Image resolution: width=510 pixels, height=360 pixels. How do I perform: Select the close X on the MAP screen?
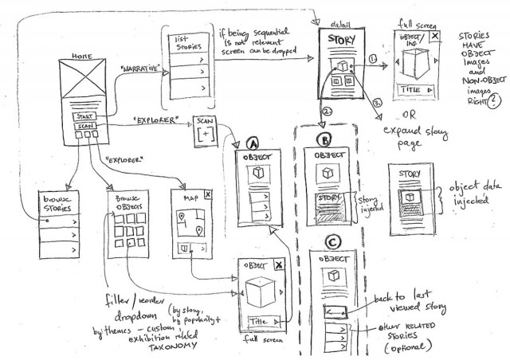click(x=208, y=194)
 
